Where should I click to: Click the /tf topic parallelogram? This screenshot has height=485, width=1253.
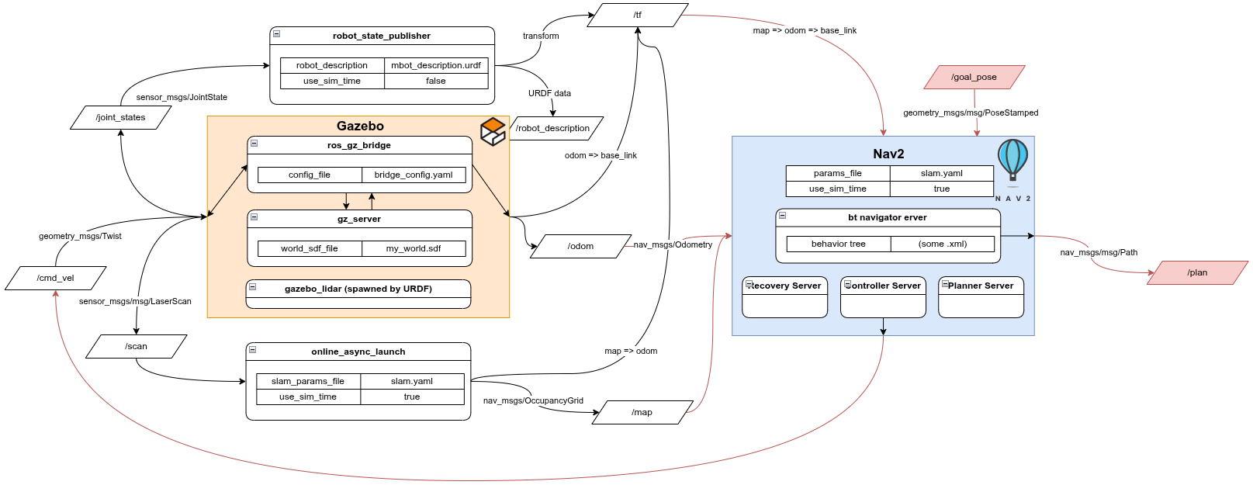tap(638, 15)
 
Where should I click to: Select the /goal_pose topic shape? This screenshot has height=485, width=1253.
tap(974, 77)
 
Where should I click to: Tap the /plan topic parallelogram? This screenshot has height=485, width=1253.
tap(1197, 272)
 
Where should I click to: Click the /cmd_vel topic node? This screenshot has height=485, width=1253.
tap(55, 278)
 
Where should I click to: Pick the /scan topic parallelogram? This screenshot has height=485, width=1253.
tap(136, 346)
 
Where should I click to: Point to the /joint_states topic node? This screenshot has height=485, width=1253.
tap(120, 117)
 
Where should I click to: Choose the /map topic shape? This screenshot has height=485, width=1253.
tap(642, 412)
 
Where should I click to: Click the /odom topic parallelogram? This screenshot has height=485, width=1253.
tap(580, 246)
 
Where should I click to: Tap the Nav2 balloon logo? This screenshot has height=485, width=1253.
tap(1012, 162)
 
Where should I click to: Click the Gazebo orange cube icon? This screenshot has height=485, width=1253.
tap(493, 131)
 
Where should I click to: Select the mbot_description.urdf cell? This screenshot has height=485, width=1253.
tap(435, 65)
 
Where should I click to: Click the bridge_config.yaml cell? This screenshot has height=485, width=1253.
tap(413, 175)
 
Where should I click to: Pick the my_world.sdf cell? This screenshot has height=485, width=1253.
tap(413, 248)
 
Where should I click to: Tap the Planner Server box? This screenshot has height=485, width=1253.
tap(981, 296)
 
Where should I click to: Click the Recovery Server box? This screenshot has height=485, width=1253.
tap(784, 296)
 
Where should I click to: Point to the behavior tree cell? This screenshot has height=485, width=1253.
tap(838, 244)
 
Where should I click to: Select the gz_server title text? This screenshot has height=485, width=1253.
tap(358, 219)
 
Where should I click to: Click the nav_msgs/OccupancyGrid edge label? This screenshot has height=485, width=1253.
tap(533, 400)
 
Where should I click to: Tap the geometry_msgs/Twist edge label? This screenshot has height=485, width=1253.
tap(80, 236)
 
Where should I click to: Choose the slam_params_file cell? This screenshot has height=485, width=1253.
tap(307, 381)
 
